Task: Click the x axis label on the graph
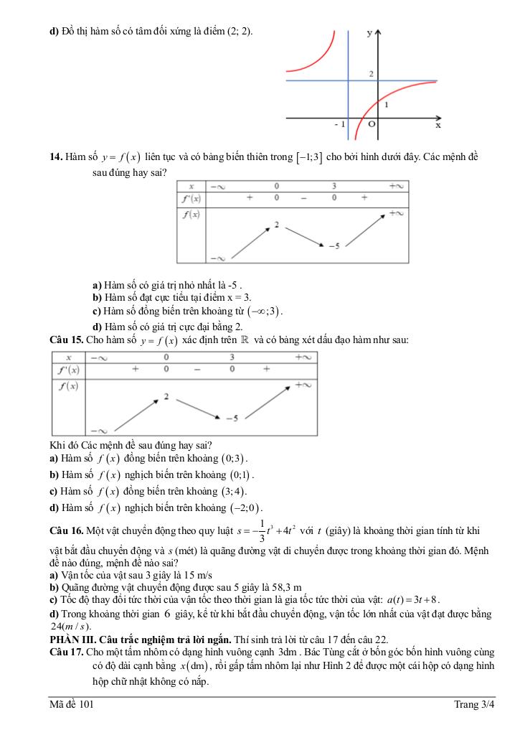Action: [438, 125]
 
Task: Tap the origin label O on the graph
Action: [372, 124]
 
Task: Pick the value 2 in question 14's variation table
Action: [276, 225]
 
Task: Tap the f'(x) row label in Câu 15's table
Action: [70, 370]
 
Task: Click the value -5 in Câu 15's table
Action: [231, 417]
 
